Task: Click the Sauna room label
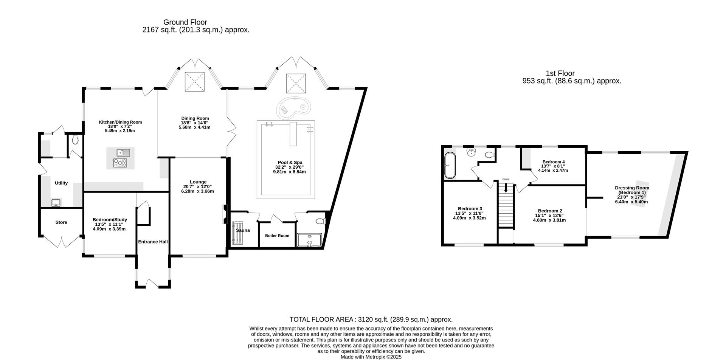[243, 230]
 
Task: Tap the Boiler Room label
[277, 236]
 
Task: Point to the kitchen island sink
[123, 152]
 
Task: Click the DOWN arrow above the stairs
[506, 188]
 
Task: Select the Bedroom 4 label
[553, 162]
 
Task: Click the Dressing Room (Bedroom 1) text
[631, 190]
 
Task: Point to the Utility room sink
[56, 203]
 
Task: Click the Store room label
[61, 222]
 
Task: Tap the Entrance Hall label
[153, 242]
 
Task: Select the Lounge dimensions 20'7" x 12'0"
[197, 186]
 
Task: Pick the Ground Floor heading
[185, 22]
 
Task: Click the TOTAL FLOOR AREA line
[371, 320]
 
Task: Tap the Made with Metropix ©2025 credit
[371, 357]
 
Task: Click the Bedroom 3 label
[470, 209]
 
